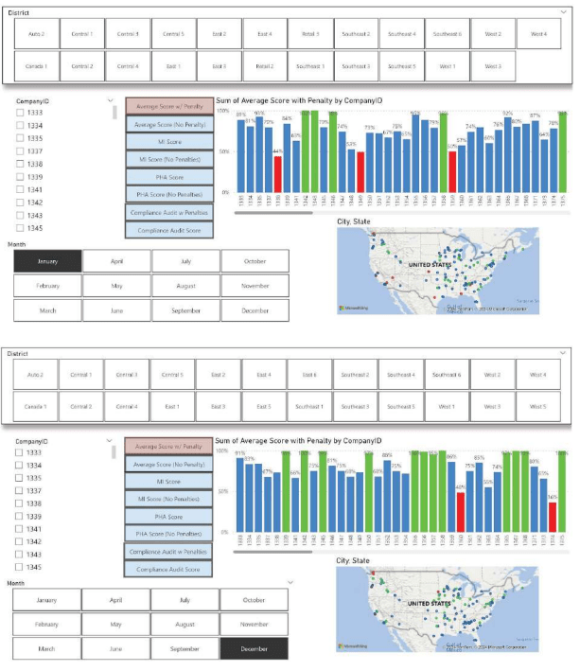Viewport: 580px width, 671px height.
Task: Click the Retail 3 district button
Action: [x=310, y=34]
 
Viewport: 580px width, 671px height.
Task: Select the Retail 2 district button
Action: [x=264, y=66]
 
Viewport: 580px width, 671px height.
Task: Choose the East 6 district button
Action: [x=310, y=375]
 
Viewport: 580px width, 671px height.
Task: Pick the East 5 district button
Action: [x=264, y=406]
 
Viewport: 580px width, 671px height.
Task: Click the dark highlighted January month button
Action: [x=47, y=261]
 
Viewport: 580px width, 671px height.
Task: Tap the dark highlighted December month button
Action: [x=255, y=648]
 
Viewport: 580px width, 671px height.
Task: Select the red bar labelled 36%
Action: [x=553, y=523]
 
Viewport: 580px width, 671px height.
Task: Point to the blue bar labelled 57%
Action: [x=462, y=168]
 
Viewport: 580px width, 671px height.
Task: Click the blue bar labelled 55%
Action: [x=488, y=513]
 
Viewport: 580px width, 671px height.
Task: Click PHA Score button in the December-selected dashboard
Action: [x=169, y=517]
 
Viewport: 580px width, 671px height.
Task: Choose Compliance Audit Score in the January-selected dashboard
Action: [x=169, y=230]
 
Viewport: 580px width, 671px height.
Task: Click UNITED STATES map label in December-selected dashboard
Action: [x=428, y=603]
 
